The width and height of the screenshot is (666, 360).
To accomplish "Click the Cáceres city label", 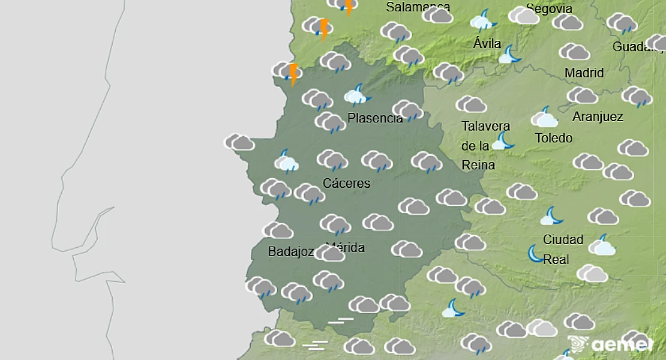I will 347,183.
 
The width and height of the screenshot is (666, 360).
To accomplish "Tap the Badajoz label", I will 291,252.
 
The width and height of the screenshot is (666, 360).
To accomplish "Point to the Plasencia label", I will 375,118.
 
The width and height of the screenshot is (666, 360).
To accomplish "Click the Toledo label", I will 554,138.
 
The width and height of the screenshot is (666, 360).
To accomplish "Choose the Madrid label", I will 584,73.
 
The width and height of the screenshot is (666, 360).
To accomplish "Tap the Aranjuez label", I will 598,116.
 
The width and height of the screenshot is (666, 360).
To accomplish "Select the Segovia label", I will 548,9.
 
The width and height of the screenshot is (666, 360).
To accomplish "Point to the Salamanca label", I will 418,7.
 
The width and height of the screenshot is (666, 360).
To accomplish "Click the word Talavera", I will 486,126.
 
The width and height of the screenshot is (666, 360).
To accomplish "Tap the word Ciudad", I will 563,239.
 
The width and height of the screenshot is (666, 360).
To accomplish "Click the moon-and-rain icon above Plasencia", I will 358,95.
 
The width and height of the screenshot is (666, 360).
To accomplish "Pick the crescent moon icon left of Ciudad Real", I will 535,253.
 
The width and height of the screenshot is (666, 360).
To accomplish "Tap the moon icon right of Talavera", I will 503,142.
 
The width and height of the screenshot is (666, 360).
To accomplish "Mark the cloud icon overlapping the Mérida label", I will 329,253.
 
